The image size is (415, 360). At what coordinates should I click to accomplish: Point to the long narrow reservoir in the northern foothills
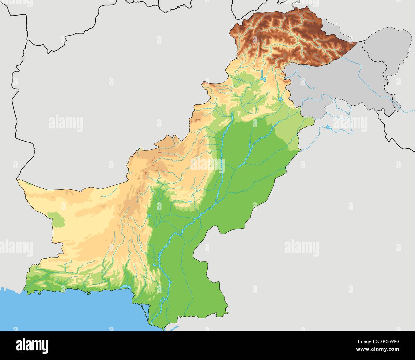click(262, 75)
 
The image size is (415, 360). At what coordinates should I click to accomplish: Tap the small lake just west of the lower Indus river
click(154, 265)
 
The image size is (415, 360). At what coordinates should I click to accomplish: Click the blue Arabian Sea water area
click(64, 313)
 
